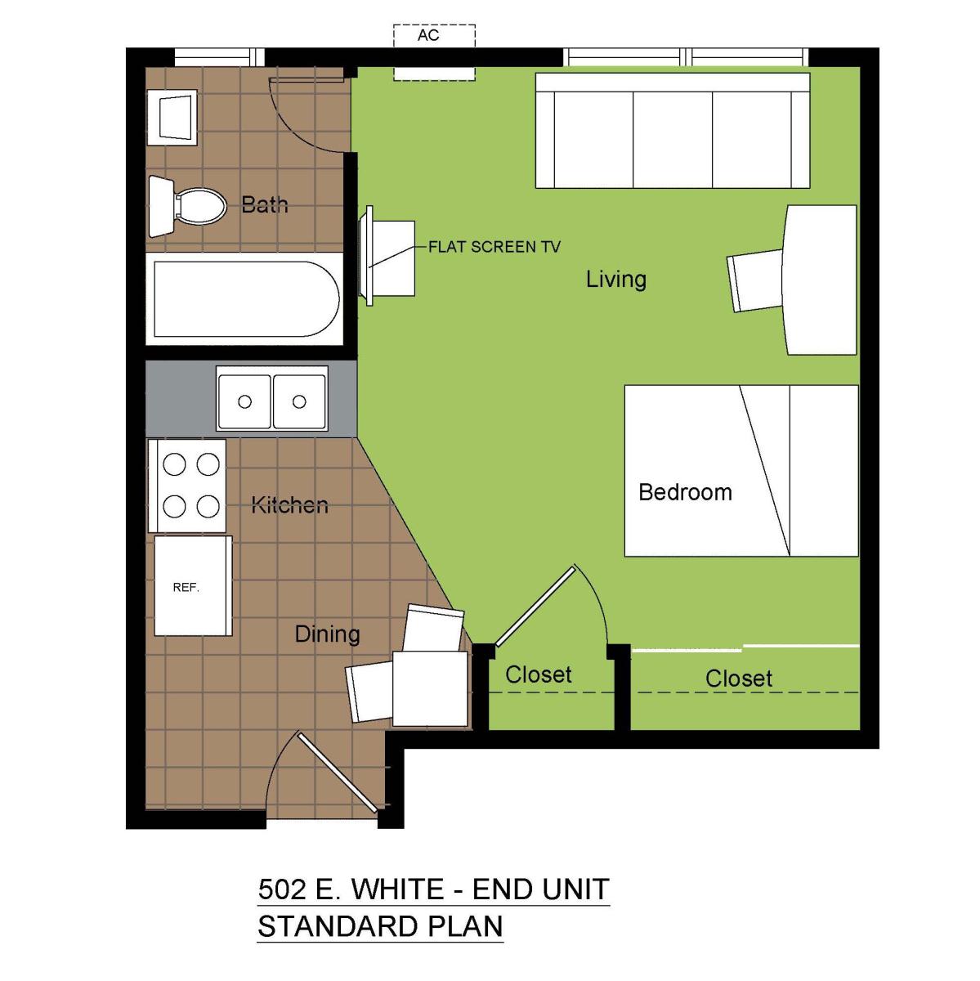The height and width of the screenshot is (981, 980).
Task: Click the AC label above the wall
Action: [428, 35]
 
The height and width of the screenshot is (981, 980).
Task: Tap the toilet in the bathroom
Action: [188, 206]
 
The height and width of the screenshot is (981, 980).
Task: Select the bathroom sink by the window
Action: [172, 118]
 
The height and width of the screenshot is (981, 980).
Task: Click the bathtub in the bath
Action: [245, 299]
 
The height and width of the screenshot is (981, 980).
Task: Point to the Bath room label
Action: [264, 204]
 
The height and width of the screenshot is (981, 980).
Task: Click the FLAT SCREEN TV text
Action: [494, 247]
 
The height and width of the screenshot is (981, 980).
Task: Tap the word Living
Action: [616, 280]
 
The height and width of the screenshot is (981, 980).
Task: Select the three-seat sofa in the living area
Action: [673, 130]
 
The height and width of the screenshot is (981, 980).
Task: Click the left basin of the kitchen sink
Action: [244, 401]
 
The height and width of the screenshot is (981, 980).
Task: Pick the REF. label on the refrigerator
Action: [186, 588]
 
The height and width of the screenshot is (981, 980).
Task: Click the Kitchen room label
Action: [289, 505]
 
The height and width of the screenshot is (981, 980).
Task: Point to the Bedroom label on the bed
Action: [685, 492]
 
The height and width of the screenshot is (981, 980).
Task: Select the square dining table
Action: [430, 688]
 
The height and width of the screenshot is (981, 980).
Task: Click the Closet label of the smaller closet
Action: [538, 674]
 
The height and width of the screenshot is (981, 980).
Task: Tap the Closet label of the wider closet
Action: [739, 679]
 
